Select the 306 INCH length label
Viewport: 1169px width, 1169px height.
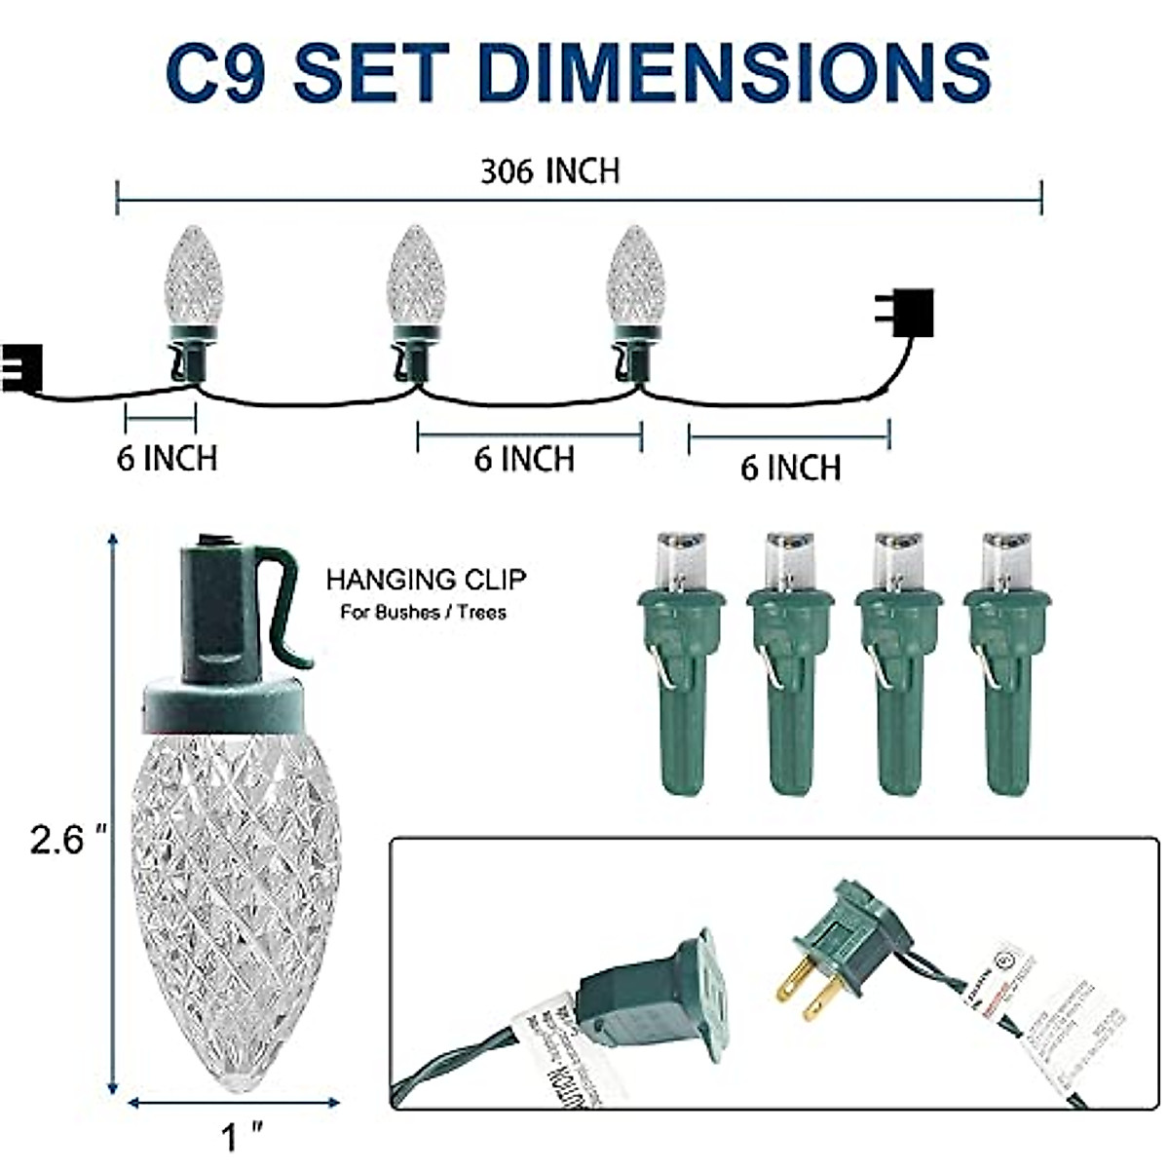pyautogui.click(x=549, y=171)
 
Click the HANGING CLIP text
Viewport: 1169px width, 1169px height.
pyautogui.click(x=426, y=581)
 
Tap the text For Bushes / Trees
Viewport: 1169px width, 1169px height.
pyautogui.click(x=423, y=614)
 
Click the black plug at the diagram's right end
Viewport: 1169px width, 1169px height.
pyautogui.click(x=910, y=312)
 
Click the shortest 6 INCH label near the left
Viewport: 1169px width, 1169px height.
pyautogui.click(x=167, y=458)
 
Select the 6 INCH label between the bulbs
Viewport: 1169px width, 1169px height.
pyautogui.click(x=524, y=459)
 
